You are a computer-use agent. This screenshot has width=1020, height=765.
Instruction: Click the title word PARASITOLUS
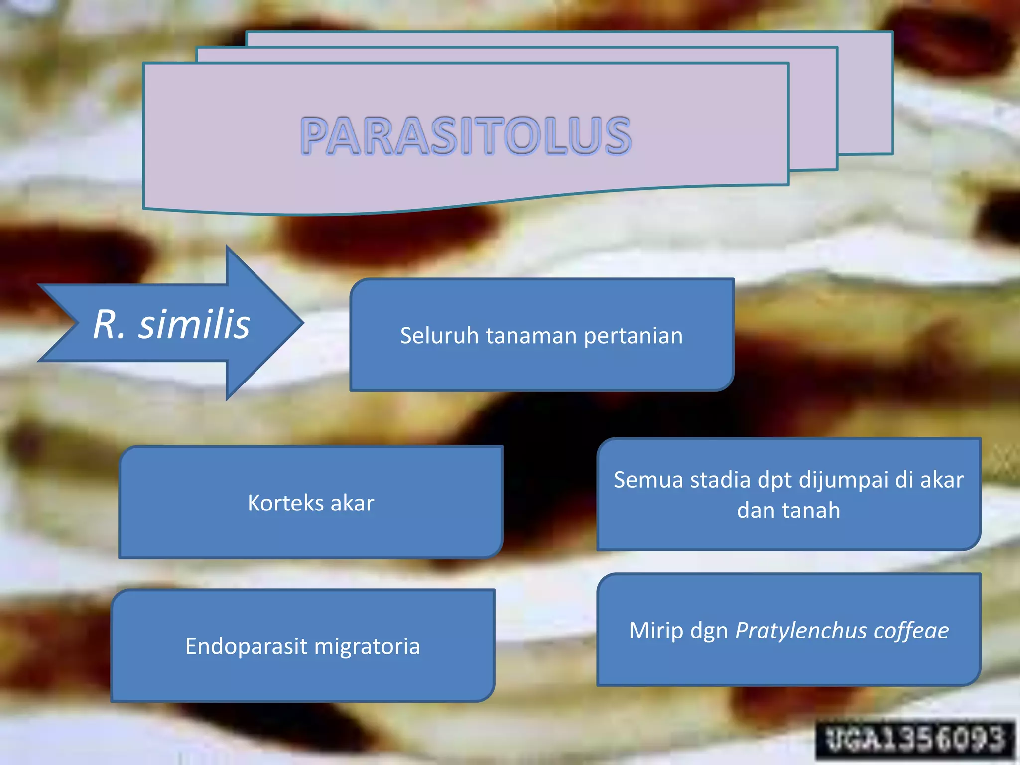466,135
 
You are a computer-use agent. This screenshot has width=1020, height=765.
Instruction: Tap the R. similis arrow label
171,324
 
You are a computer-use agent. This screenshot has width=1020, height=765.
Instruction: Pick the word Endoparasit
246,647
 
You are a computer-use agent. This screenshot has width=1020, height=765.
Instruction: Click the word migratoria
367,647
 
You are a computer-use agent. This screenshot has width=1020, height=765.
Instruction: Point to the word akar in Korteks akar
352,503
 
